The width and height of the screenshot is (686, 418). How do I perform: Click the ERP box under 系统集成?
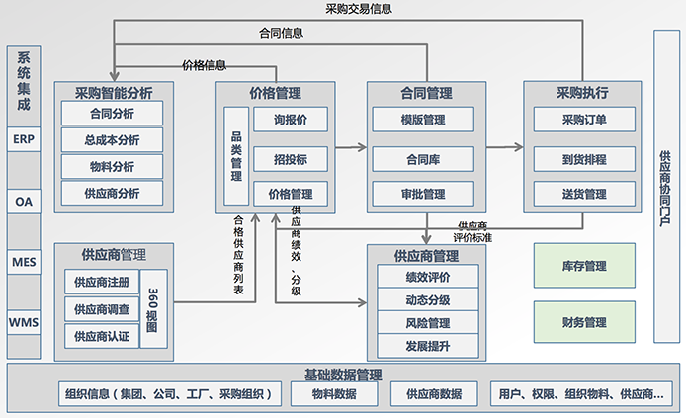tap(25, 139)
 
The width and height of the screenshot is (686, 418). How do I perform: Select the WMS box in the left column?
tap(25, 322)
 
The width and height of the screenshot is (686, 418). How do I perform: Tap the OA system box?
tap(25, 201)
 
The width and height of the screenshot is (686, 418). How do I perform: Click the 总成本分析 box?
tap(113, 140)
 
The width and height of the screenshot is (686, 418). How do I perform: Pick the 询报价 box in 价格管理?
tap(290, 121)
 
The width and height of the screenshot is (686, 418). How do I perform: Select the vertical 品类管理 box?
tap(235, 156)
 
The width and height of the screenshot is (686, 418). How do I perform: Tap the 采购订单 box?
tap(583, 121)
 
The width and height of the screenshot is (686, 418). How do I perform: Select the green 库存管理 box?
tap(583, 266)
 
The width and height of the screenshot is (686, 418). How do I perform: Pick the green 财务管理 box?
tap(583, 322)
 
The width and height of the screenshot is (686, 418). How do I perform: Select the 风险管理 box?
tap(427, 323)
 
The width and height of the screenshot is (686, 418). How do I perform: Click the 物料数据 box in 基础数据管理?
tap(332, 394)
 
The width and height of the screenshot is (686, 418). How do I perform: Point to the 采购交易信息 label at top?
tap(358, 10)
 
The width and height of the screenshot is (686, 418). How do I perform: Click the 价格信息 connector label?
tap(205, 65)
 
